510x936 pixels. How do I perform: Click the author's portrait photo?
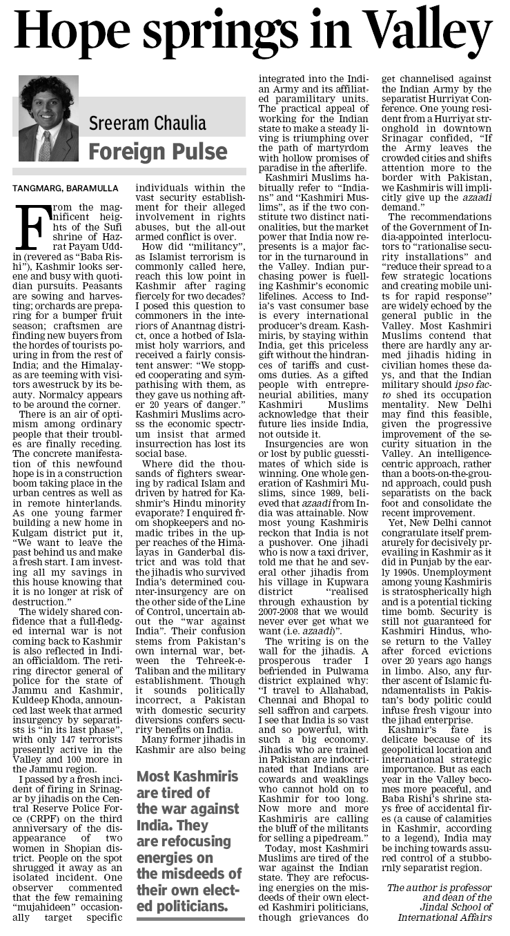[x=48, y=119]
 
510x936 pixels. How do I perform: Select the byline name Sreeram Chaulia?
[x=148, y=124]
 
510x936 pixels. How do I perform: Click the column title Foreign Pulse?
[x=157, y=151]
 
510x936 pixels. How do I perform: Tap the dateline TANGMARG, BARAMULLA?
[x=66, y=188]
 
